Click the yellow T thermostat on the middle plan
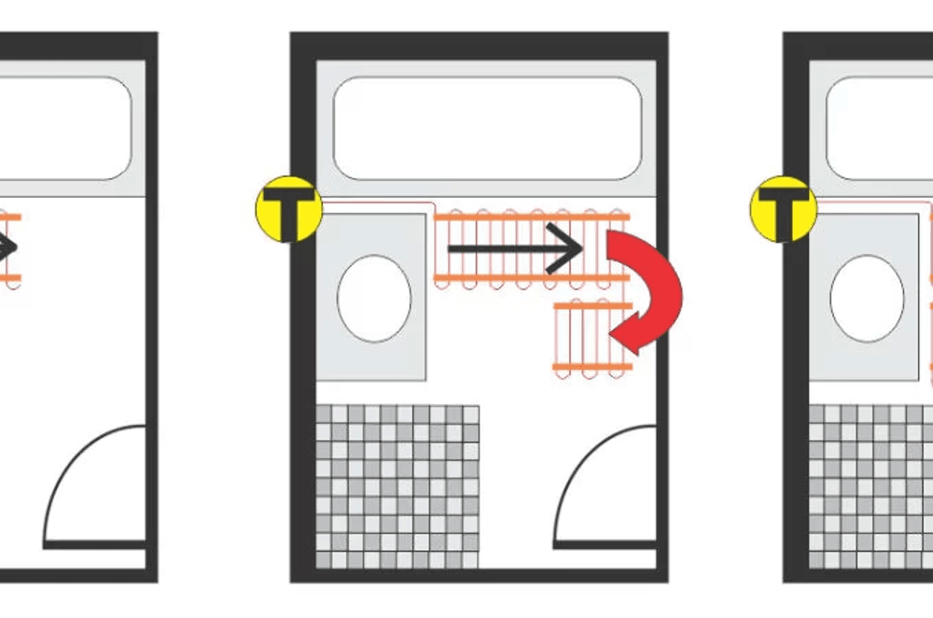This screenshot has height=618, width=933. pyautogui.click(x=289, y=209)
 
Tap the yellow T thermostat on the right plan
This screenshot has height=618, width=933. pyautogui.click(x=783, y=209)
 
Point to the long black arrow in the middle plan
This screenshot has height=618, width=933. pyautogui.click(x=515, y=249)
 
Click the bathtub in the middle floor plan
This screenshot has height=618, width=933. pyautogui.click(x=487, y=128)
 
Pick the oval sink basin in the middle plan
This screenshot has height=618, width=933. pyautogui.click(x=374, y=299)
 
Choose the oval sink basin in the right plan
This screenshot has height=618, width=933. pyautogui.click(x=867, y=299)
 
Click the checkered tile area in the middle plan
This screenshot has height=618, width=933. pyautogui.click(x=397, y=486)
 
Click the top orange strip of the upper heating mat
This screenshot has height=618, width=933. pyautogui.click(x=532, y=218)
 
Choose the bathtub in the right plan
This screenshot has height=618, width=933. pyautogui.click(x=880, y=128)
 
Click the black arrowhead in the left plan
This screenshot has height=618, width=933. pyautogui.click(x=8, y=247)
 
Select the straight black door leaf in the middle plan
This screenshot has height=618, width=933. pyautogui.click(x=606, y=545)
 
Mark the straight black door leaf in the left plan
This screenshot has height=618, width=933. pyautogui.click(x=94, y=545)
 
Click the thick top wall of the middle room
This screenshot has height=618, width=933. pyautogui.click(x=479, y=46)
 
